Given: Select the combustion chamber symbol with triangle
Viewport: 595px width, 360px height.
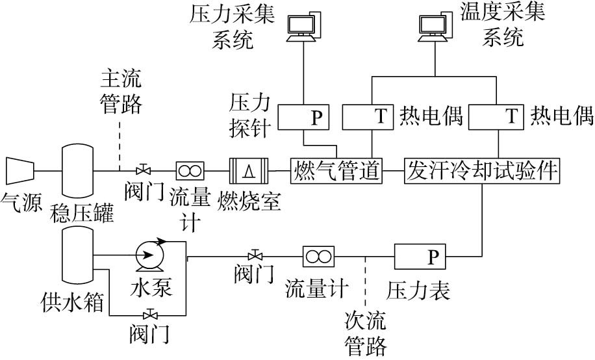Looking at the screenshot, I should pos(248,171).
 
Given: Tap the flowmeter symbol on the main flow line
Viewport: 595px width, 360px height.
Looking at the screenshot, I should pos(190,171).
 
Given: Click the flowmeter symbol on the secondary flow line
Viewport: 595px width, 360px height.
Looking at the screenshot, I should pos(318,256).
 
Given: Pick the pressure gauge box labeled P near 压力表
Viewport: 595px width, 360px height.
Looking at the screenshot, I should pos(420,257).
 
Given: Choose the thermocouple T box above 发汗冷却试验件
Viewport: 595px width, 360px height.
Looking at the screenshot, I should pos(498,117).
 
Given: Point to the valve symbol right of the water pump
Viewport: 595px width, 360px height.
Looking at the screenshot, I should pos(256,254).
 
